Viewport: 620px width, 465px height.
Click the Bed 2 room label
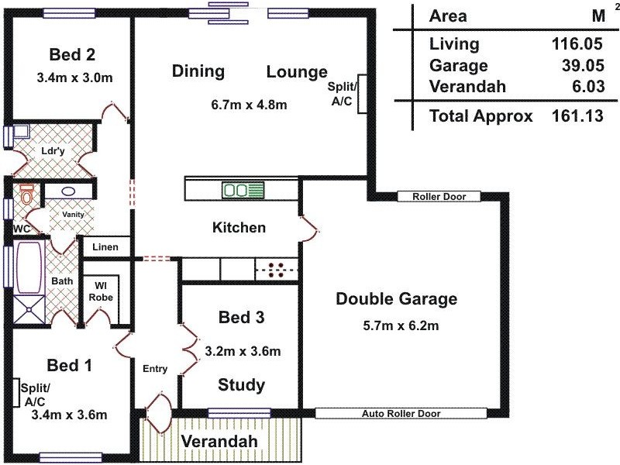click(x=72, y=54)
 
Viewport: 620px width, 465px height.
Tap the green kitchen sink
click(x=243, y=189)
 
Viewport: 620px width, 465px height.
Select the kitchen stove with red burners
click(x=276, y=270)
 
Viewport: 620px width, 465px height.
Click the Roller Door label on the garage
click(x=439, y=197)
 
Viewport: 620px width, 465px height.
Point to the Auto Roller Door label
click(x=401, y=414)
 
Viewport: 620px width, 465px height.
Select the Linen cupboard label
click(x=105, y=247)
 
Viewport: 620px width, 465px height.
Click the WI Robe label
click(x=101, y=291)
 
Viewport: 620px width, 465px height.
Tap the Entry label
click(x=154, y=369)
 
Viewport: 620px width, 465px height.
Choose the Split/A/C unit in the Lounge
click(x=361, y=96)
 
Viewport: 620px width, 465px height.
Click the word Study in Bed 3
click(x=241, y=385)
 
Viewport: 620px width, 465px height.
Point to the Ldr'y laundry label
click(x=52, y=150)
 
